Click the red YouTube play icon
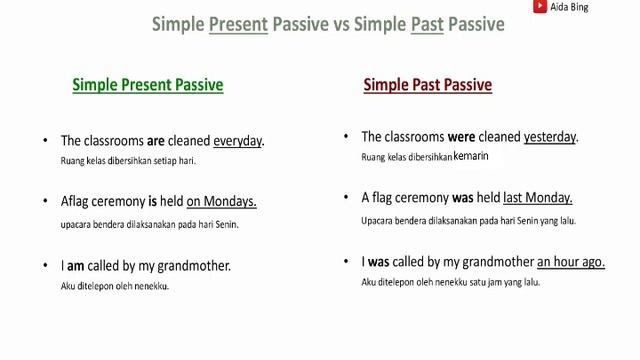coord(540,7)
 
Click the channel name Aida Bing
coord(570,7)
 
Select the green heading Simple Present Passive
coord(147,85)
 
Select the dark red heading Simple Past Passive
coord(427,85)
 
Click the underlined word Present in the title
coord(238,24)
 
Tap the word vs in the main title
coord(343,24)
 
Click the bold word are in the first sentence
coord(155,141)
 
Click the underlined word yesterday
coord(550,137)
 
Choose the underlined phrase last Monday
coord(537,197)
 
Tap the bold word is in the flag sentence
coord(153,201)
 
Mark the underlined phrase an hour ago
coord(570,262)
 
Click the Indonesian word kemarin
coord(470,157)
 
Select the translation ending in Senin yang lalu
coord(468,220)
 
